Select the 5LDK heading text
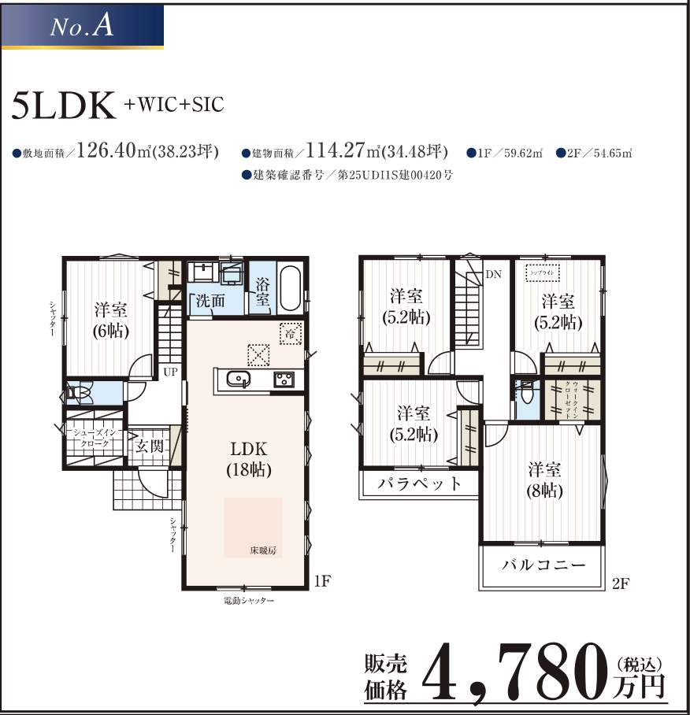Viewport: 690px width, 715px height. click(64, 107)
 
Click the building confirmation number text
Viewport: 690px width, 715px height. click(351, 176)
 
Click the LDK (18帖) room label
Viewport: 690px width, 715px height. click(250, 459)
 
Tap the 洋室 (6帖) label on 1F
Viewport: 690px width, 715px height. click(111, 318)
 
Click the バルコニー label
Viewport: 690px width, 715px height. click(543, 565)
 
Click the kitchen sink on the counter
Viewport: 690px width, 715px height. click(236, 380)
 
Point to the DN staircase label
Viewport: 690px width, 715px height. click(493, 275)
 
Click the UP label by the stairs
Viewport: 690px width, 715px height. click(169, 370)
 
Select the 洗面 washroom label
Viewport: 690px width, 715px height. click(210, 300)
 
